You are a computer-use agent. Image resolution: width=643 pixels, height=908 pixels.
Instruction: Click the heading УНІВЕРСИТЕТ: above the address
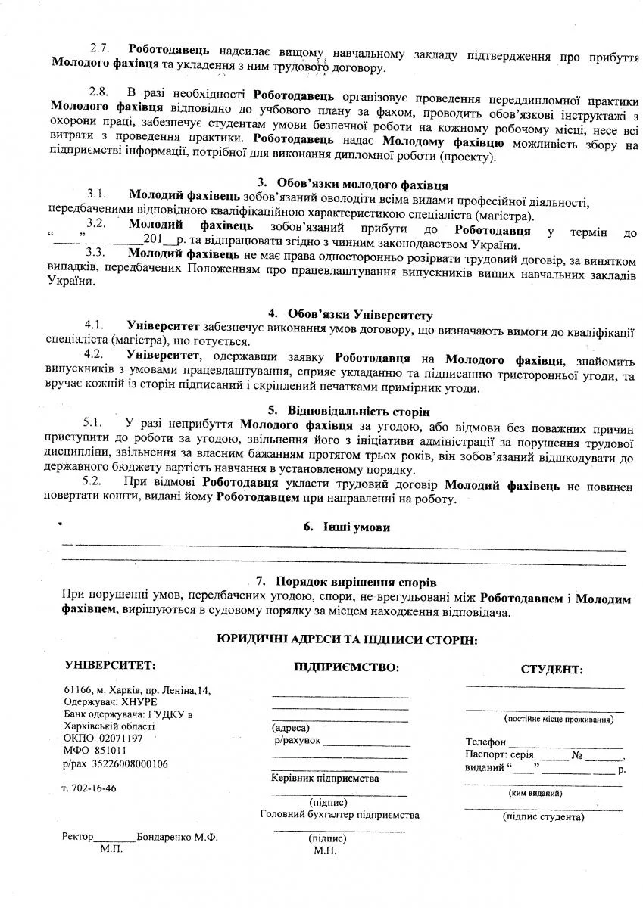pos(111,665)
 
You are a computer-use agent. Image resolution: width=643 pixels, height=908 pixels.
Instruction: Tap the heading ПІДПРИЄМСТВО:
pos(346,667)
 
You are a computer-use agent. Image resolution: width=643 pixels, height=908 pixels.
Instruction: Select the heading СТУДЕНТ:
pos(551,670)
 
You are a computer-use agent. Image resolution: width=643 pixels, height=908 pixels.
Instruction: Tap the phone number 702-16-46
pos(93,789)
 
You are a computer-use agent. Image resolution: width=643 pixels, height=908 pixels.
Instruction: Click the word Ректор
pos(78,838)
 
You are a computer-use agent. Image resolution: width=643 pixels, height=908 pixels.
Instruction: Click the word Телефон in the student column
pos(485,743)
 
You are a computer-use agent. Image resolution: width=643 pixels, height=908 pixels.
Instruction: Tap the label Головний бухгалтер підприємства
pos(339,815)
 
